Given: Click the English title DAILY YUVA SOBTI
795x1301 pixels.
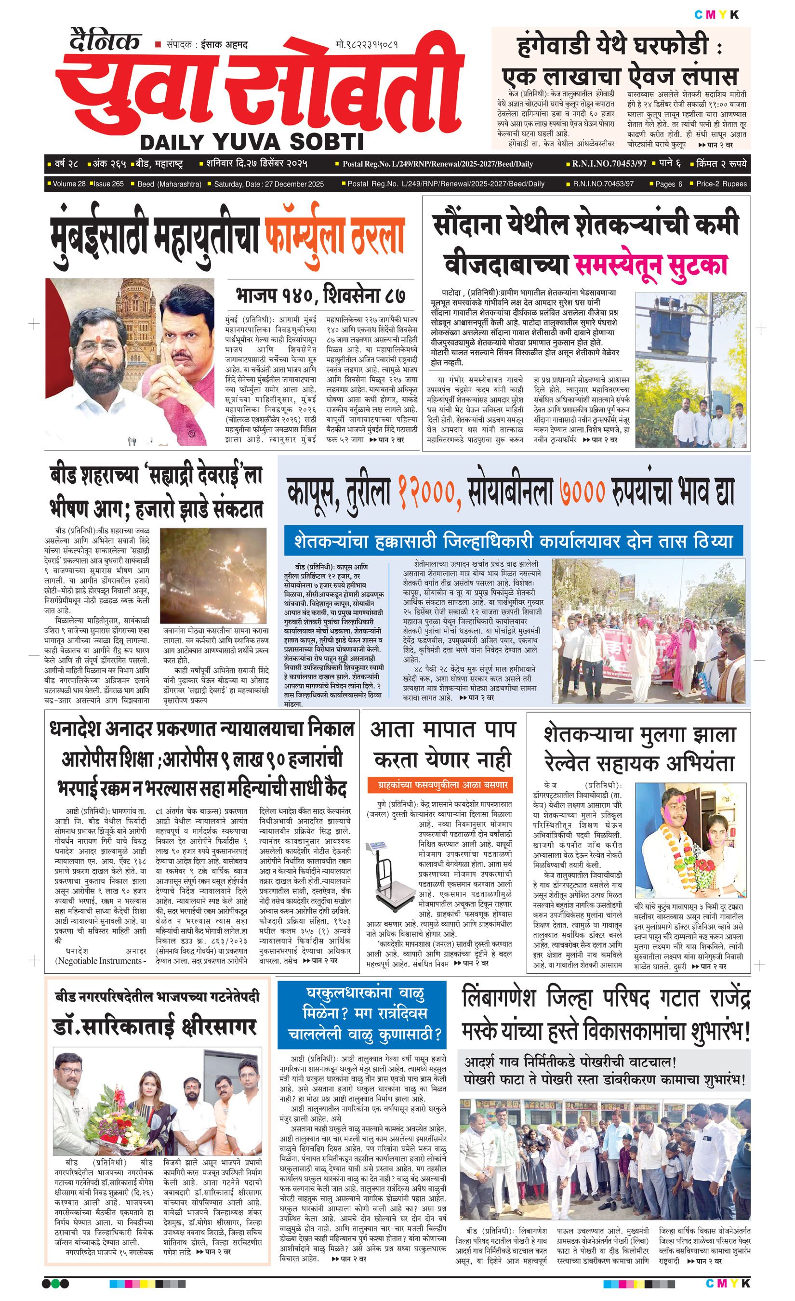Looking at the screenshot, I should (252, 142).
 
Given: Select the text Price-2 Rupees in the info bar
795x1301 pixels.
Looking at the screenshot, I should (721, 184).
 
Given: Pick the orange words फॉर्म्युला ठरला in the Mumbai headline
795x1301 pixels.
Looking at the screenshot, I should (335, 237).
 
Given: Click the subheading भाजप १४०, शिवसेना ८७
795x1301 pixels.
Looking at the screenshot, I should (320, 294).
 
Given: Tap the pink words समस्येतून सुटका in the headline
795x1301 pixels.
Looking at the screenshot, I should (650, 266).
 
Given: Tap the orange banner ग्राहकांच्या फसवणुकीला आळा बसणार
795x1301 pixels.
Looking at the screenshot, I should (439, 784).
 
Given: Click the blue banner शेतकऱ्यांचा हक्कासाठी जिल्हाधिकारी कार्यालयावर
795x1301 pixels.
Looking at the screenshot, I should (513, 541).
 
